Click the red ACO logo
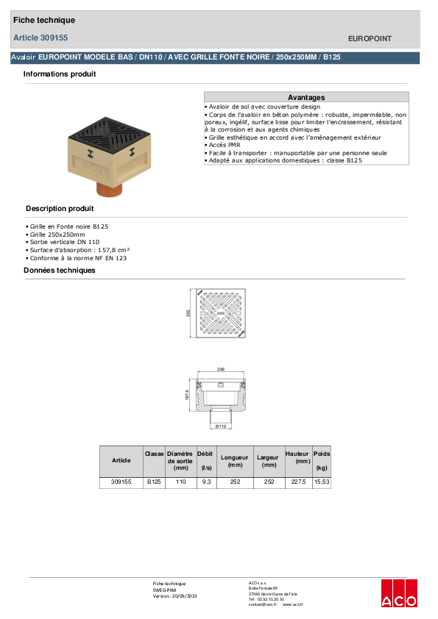click(x=399, y=593)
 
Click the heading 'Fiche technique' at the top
click(x=44, y=21)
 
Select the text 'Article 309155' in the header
click(x=41, y=37)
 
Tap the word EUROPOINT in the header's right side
click(x=369, y=38)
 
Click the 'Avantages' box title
click(x=306, y=97)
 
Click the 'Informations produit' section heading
click(x=60, y=74)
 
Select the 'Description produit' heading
click(x=60, y=209)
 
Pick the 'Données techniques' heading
click(x=60, y=271)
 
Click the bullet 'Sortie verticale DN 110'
click(x=64, y=242)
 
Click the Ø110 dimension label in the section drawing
click(x=220, y=426)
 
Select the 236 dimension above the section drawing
click(x=221, y=370)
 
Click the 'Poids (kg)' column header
click(x=322, y=461)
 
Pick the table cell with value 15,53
click(x=322, y=482)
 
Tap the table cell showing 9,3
click(x=205, y=482)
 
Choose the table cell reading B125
click(x=154, y=482)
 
